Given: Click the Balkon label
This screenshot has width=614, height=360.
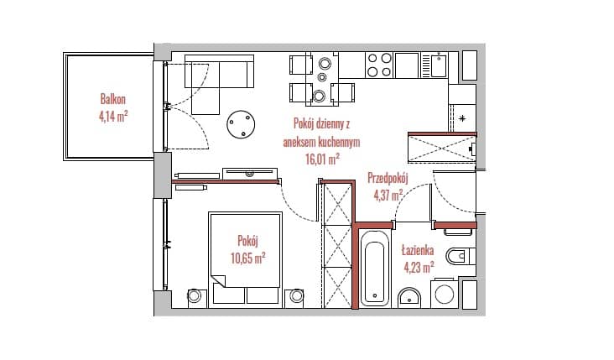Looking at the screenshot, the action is (112, 99).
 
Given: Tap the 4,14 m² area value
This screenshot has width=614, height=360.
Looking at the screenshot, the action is (113, 117).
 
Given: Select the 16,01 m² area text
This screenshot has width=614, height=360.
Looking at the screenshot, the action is (322, 159).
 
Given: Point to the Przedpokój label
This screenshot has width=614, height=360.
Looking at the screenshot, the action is (388, 178).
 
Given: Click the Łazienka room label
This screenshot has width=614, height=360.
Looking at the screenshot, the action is (418, 250).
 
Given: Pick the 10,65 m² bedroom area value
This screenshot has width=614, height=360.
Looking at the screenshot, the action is (248, 258).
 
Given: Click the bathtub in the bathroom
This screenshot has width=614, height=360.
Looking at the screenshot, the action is (375, 269).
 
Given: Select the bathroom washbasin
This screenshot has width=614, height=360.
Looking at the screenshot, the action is (409, 298).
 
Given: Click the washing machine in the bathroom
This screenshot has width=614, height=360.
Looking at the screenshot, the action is (444, 294).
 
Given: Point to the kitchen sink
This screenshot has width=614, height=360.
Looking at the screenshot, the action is (439, 65).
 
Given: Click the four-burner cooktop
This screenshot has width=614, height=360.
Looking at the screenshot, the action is (379, 65).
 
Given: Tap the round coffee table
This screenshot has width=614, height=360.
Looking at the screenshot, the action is (241, 124).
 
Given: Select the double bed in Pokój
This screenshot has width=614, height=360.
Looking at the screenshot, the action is (245, 259).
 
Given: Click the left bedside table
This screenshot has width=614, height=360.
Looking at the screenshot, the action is (195, 296).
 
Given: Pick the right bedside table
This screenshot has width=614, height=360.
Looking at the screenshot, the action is (296, 296).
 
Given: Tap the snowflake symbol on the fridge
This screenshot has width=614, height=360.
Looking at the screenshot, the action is (462, 118).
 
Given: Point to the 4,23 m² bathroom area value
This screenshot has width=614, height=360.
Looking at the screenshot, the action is (419, 268).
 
